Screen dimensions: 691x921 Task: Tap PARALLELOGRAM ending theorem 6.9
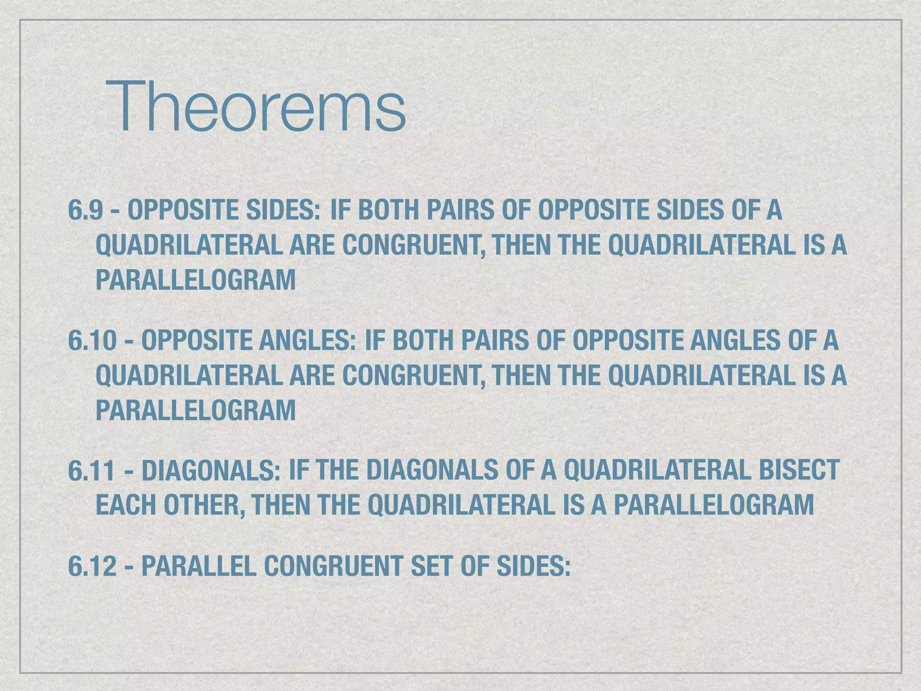coord(196,280)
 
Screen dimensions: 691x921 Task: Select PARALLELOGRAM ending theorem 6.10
coord(196,410)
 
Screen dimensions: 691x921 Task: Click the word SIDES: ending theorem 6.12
coord(533,566)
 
